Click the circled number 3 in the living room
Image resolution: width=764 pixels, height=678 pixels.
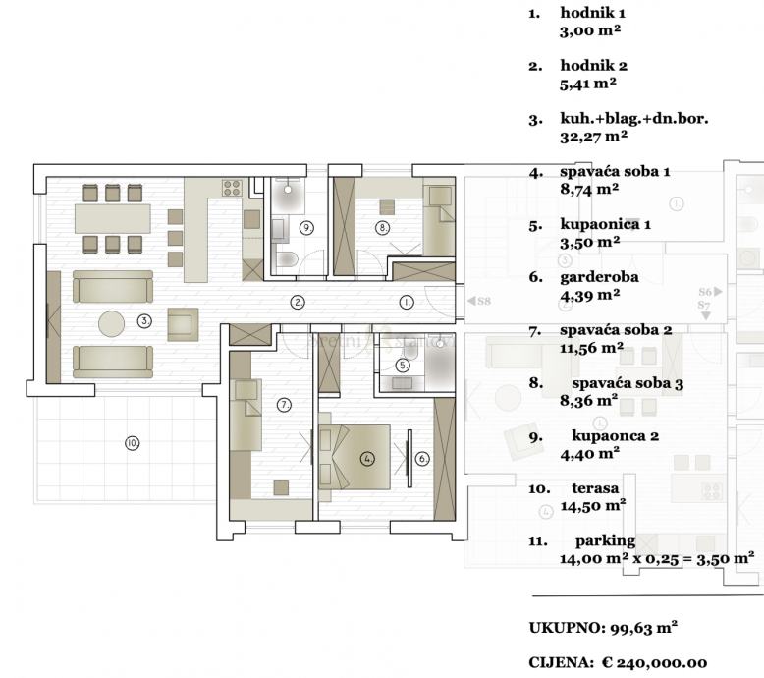pyautogui.click(x=144, y=321)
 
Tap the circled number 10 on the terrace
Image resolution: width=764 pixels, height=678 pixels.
pyautogui.click(x=132, y=443)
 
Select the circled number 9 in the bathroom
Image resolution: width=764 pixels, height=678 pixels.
pyautogui.click(x=306, y=228)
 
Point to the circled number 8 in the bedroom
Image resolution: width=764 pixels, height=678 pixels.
pyautogui.click(x=382, y=227)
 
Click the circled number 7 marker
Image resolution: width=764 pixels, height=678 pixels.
pyautogui.click(x=284, y=405)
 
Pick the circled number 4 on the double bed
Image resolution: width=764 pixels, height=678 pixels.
pyautogui.click(x=367, y=459)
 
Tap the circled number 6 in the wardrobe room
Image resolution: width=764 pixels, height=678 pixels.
pyautogui.click(x=422, y=459)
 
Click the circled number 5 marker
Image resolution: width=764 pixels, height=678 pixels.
pyautogui.click(x=403, y=366)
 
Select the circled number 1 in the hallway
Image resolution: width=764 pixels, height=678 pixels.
pyautogui.click(x=407, y=303)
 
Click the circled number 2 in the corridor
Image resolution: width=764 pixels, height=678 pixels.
pyautogui.click(x=298, y=303)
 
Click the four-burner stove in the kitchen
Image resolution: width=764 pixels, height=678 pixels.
pyautogui.click(x=233, y=188)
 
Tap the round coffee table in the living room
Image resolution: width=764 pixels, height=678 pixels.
pyautogui.click(x=111, y=323)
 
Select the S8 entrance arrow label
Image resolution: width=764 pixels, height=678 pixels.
pyautogui.click(x=479, y=301)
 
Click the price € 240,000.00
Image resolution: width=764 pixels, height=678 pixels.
pyautogui.click(x=654, y=662)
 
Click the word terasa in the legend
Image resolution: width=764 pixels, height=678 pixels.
pyautogui.click(x=595, y=488)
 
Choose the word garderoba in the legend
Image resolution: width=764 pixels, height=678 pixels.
pyautogui.click(x=599, y=277)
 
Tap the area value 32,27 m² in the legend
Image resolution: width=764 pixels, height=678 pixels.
pyautogui.click(x=593, y=136)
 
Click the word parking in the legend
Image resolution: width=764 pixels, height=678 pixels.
pyautogui.click(x=606, y=541)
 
